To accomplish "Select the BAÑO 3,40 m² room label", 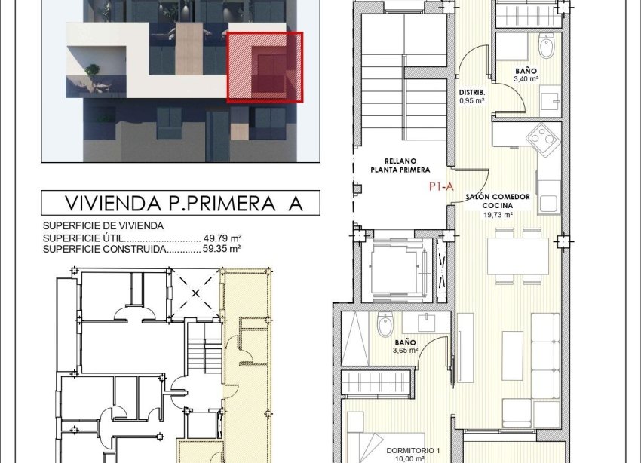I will [x=526, y=74].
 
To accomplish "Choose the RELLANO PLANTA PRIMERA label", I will [x=400, y=165].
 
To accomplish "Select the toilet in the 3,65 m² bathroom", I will [x=383, y=327].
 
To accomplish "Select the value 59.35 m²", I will [x=223, y=248].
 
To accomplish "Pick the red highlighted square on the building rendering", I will [x=265, y=67].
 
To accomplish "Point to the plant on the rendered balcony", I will [x=93, y=73].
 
